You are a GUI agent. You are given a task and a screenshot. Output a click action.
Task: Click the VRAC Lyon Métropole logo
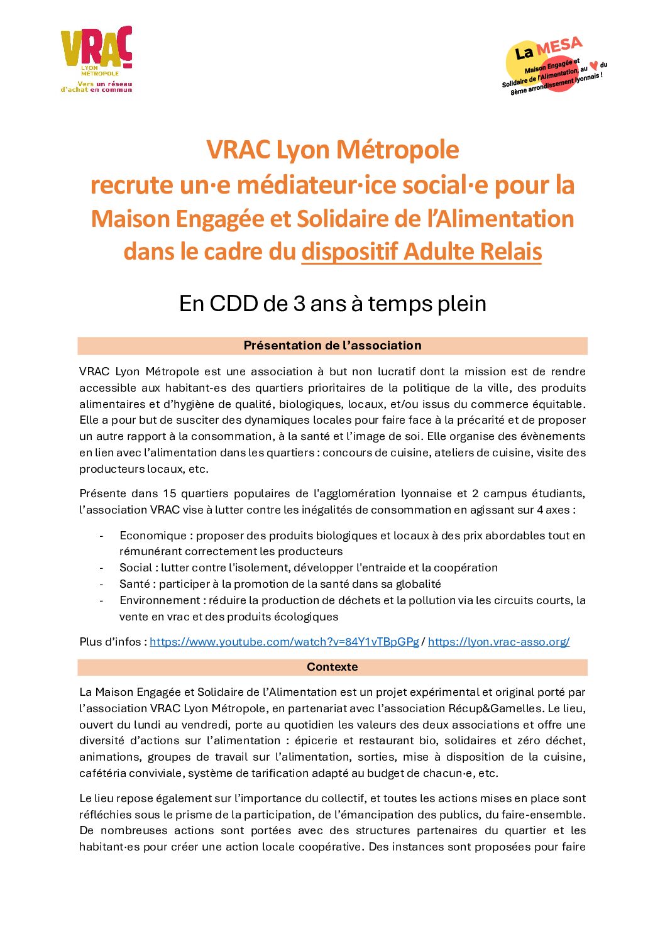click(x=97, y=59)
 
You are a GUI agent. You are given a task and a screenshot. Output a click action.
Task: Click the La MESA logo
click(x=553, y=65)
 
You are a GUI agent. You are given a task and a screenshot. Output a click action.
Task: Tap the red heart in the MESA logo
click(x=594, y=66)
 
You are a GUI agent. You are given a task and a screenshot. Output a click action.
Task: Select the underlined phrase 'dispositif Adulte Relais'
click(x=421, y=251)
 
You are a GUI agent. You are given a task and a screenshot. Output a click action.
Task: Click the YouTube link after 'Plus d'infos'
click(x=284, y=642)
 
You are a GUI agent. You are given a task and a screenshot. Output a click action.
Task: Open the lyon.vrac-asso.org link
click(x=498, y=642)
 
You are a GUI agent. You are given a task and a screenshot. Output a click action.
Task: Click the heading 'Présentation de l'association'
click(x=332, y=346)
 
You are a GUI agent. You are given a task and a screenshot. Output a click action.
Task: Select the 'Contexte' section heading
click(x=332, y=667)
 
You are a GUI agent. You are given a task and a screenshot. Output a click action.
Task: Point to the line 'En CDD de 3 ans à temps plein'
click(x=332, y=304)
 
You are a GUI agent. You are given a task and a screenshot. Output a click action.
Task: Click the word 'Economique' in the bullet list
click(x=153, y=536)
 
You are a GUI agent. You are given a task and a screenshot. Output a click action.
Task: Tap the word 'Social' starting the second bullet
click(x=135, y=568)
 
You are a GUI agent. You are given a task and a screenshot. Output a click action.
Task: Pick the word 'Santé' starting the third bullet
click(x=135, y=584)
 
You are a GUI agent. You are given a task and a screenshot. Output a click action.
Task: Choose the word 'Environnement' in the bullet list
click(x=160, y=600)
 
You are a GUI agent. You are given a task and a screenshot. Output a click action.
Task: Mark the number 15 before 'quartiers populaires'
click(x=169, y=493)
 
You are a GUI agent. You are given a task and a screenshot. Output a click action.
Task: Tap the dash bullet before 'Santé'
click(x=101, y=584)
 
